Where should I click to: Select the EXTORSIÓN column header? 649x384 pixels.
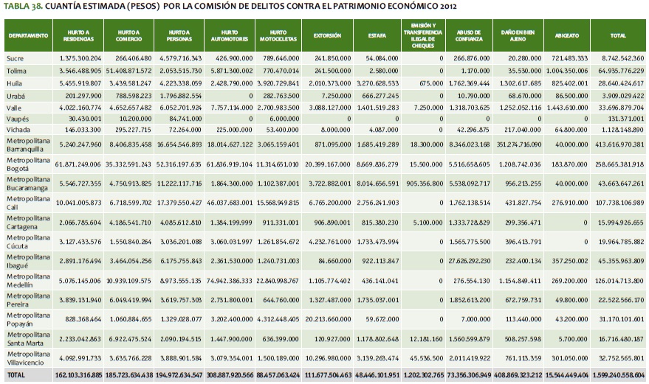coord(327,35)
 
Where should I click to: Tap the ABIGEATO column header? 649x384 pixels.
coord(569,35)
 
